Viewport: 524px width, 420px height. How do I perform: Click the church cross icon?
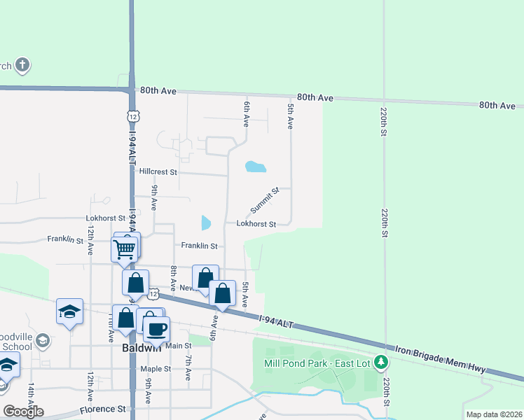[22, 66]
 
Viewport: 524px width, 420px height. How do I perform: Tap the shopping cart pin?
[124, 248]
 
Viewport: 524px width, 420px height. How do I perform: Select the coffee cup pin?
[156, 328]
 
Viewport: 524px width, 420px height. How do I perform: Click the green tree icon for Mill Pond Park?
[380, 363]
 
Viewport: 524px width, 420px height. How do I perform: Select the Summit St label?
[266, 201]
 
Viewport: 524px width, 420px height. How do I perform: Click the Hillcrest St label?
[158, 171]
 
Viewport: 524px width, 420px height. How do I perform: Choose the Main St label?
[179, 346]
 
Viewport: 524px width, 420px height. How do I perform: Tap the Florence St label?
[102, 409]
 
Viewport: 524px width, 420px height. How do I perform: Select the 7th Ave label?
[188, 368]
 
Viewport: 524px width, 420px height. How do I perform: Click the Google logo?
[23, 412]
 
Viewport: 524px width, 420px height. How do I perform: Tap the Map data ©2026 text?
[493, 414]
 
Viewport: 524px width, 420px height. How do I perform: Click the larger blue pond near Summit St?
[256, 167]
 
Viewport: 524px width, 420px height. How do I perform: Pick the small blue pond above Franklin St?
[206, 223]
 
